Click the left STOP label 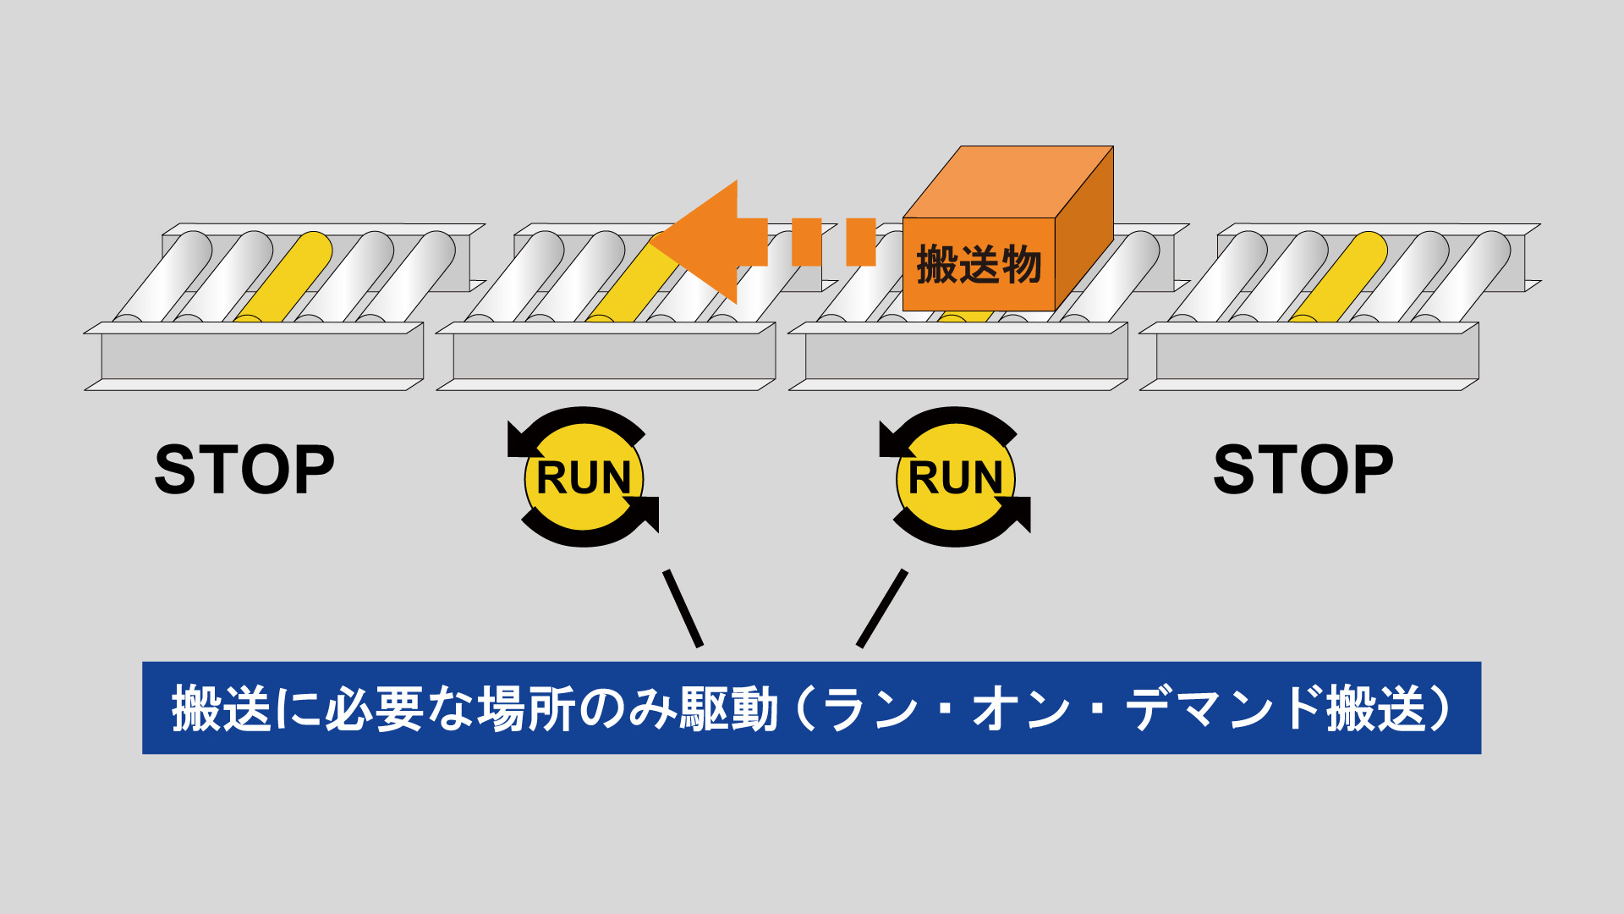[244, 470]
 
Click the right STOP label [1303, 470]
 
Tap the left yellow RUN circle [584, 477]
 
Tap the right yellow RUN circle [955, 477]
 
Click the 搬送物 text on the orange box [979, 265]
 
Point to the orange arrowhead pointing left [702, 241]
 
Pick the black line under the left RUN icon [683, 608]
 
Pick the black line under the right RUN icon [882, 608]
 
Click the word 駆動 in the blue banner [727, 708]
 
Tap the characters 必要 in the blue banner [375, 708]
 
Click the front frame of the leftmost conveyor [262, 356]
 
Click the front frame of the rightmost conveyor [1317, 356]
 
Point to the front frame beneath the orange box [966, 356]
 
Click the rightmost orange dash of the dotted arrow [861, 242]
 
